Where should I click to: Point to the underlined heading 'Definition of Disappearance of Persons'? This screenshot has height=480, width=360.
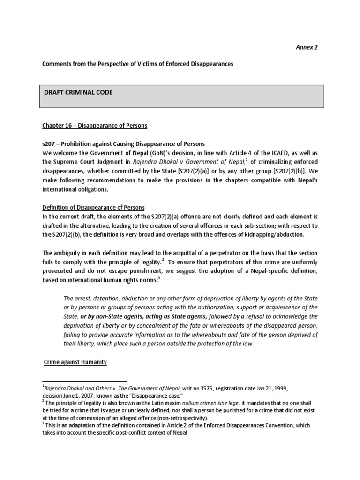pos(94,207)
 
